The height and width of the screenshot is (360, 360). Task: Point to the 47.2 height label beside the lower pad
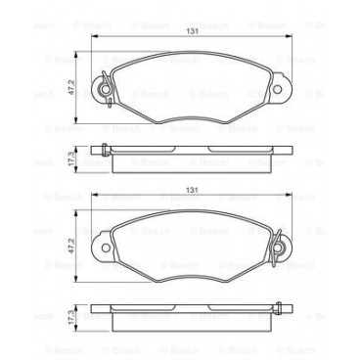click(67, 247)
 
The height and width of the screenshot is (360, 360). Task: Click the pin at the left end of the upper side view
click(101, 150)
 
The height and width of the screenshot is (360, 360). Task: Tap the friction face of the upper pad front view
click(189, 91)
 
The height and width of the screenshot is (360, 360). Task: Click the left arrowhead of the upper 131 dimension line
click(93, 37)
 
